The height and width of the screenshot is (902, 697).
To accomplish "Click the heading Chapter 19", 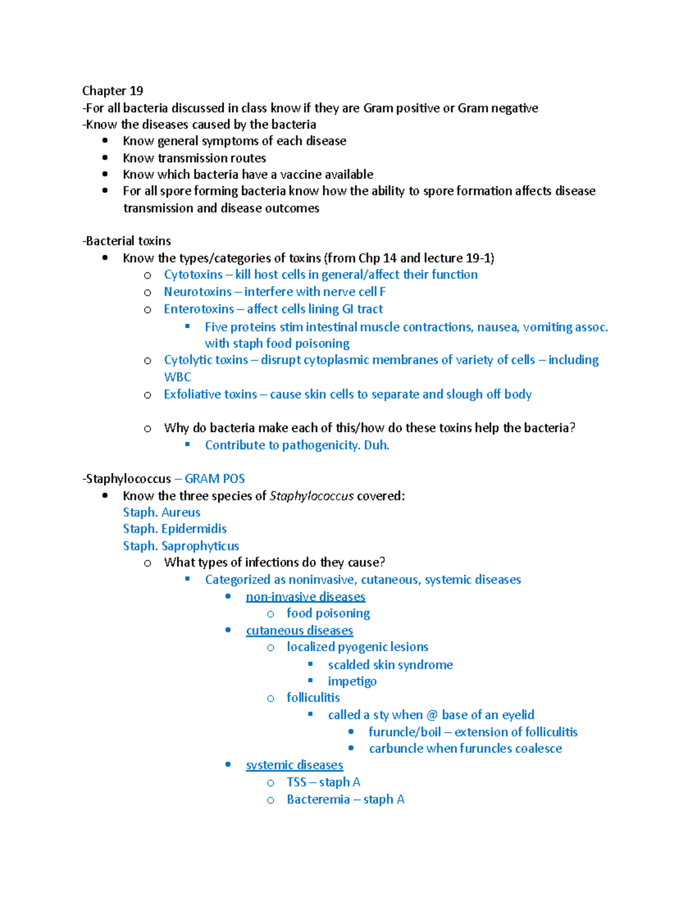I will [x=112, y=91].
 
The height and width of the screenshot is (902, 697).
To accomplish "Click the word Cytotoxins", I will [x=193, y=275].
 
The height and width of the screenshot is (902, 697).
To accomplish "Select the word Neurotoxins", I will [x=197, y=292].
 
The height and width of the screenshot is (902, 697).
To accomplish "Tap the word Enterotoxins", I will [x=199, y=309].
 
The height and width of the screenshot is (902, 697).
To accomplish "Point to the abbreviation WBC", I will [x=177, y=377].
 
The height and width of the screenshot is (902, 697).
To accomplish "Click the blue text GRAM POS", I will [x=214, y=479].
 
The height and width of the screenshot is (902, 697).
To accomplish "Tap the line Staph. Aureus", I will [x=161, y=512].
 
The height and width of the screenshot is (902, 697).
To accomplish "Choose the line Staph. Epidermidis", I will [x=174, y=529].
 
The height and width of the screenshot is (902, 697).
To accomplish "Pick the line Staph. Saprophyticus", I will [x=181, y=546].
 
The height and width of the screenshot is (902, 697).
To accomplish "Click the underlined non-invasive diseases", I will [x=306, y=597].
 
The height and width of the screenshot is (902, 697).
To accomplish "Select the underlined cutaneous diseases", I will [x=299, y=631].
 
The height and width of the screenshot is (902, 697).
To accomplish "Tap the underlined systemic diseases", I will [x=294, y=766].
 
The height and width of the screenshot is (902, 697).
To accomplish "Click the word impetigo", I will [x=352, y=681].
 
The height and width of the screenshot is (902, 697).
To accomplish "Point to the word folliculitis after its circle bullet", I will [x=313, y=698].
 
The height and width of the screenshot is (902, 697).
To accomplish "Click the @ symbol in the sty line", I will [x=432, y=715].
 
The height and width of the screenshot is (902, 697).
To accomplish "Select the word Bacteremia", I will [x=318, y=800].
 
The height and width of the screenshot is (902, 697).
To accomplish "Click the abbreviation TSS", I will [x=296, y=782].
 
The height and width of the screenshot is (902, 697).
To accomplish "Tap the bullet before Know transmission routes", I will [x=105, y=157].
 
